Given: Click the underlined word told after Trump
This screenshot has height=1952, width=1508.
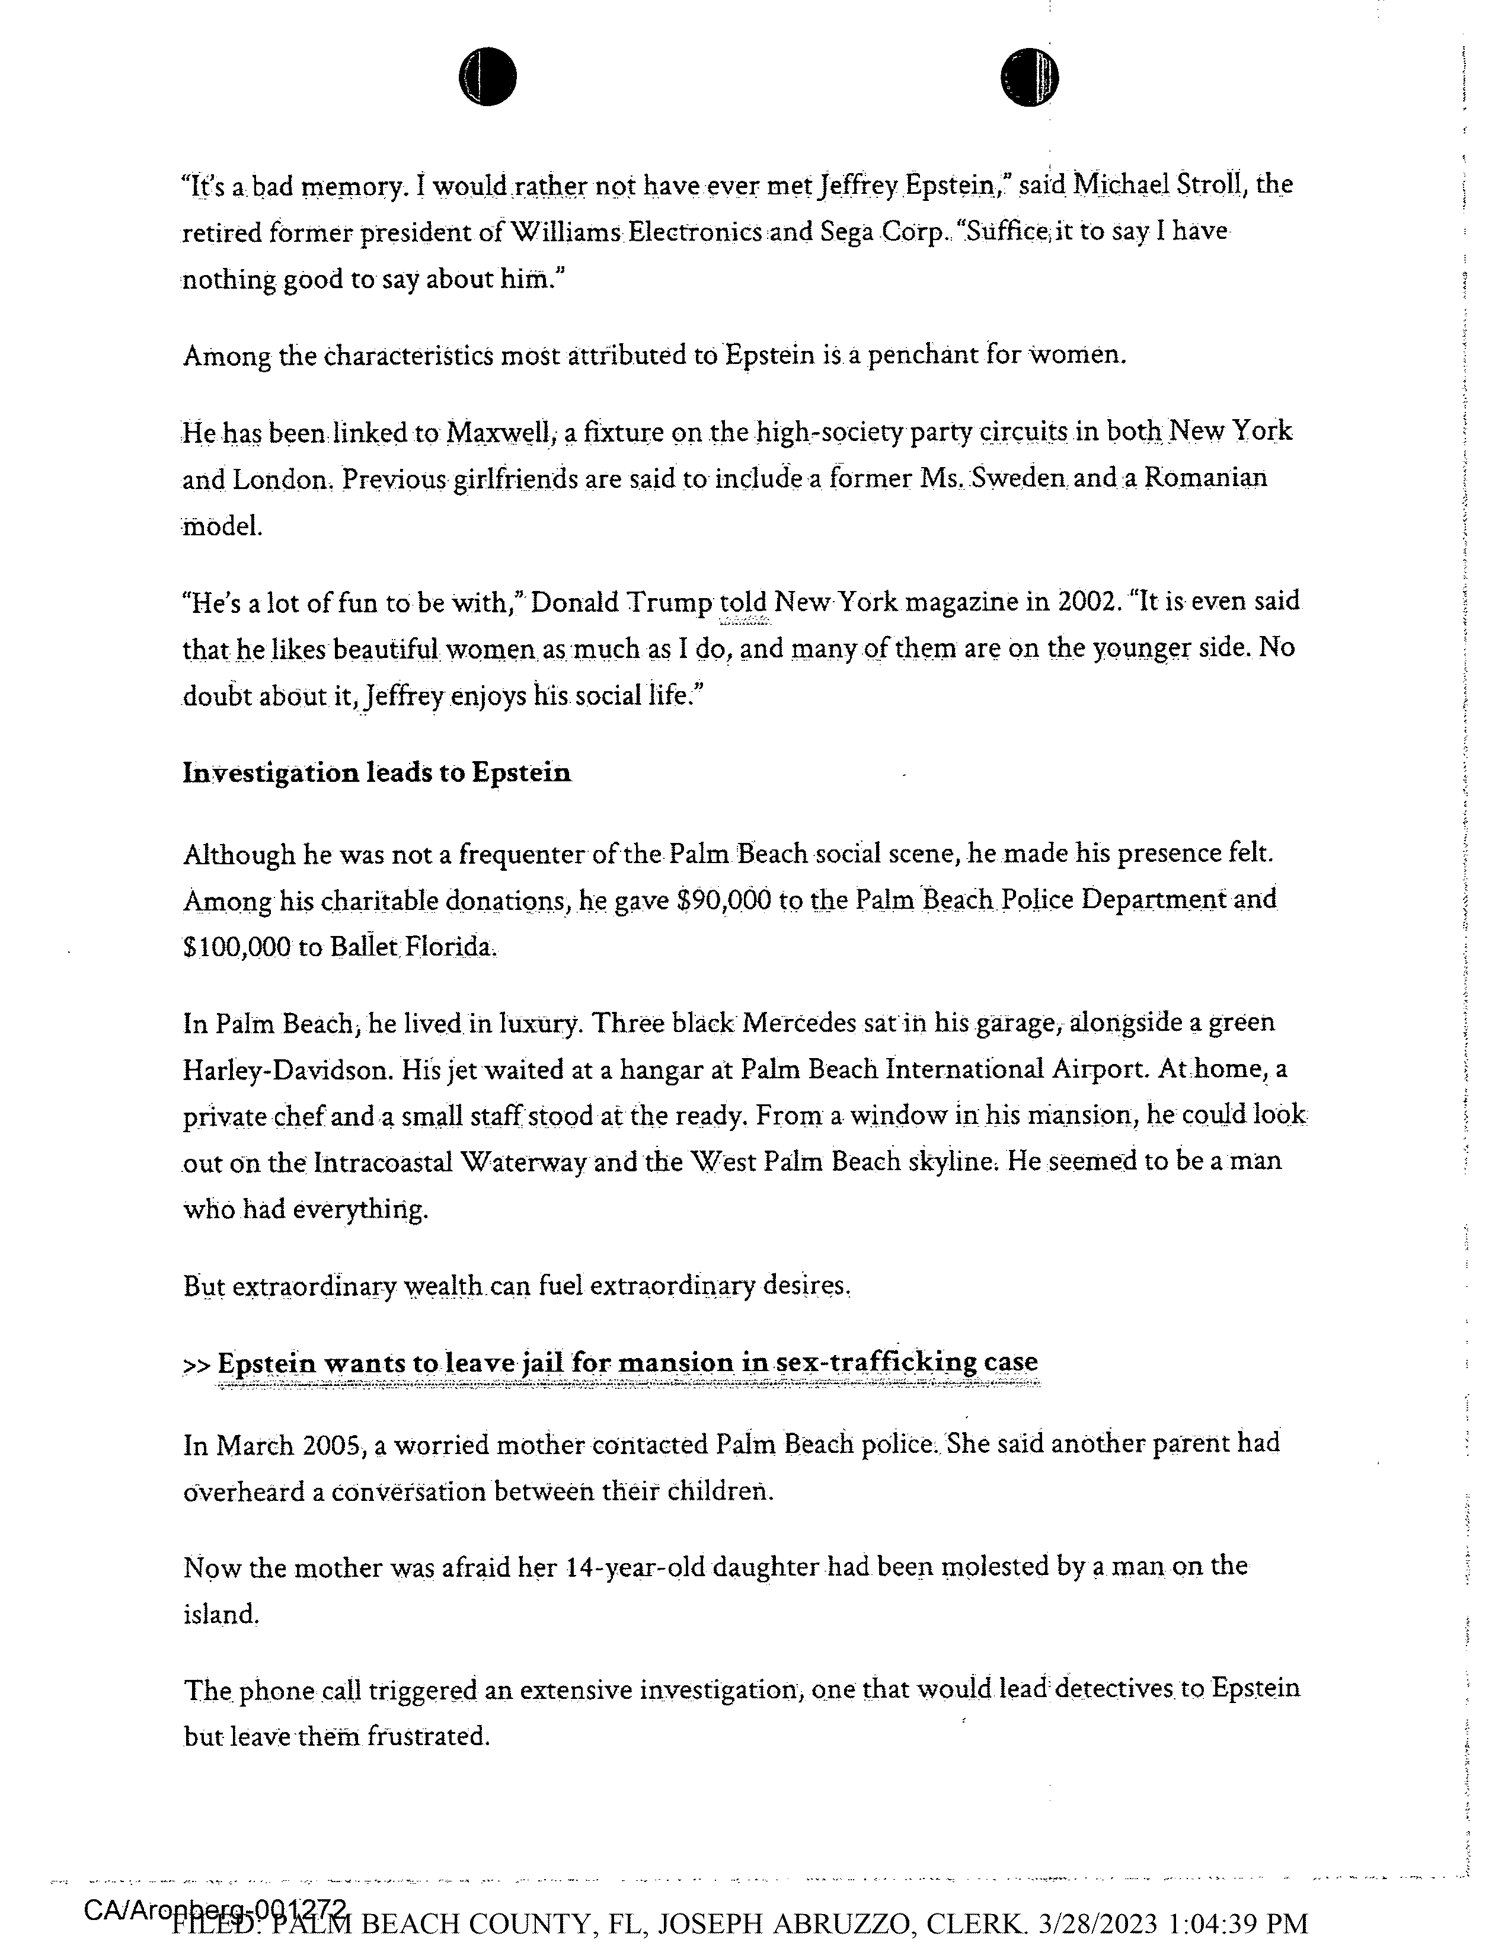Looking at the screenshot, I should [744, 602].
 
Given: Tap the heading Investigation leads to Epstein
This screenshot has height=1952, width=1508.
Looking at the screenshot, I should [376, 773].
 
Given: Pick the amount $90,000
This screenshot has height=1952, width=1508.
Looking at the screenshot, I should [723, 900].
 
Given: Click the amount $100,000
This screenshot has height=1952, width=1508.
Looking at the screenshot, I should [237, 947].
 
